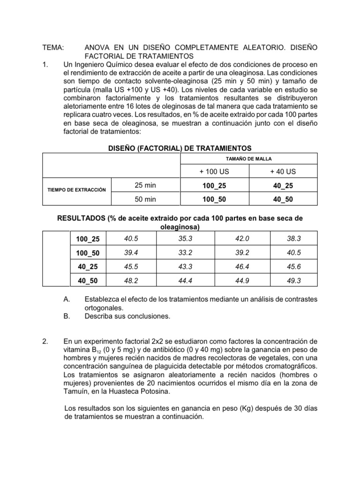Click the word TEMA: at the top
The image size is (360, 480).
pyautogui.click(x=53, y=48)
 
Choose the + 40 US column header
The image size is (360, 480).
pyautogui.click(x=283, y=172)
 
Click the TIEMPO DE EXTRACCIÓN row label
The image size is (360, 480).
pyautogui.click(x=77, y=190)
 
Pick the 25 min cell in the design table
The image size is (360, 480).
pyautogui.click(x=145, y=186)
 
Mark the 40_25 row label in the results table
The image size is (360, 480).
pyautogui.click(x=88, y=266)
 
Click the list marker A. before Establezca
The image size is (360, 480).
pyautogui.click(x=66, y=299)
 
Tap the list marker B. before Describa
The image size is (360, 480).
pyautogui.click(x=66, y=316)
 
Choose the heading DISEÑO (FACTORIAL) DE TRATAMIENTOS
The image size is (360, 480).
pyautogui.click(x=180, y=148)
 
